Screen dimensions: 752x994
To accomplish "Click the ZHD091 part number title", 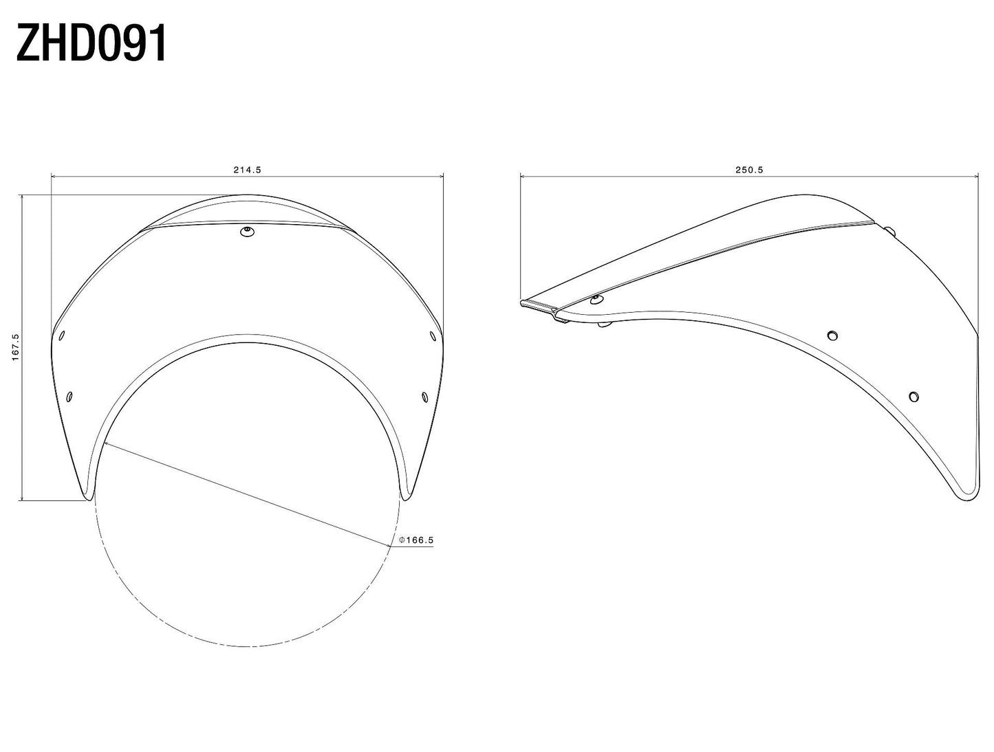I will [91, 45].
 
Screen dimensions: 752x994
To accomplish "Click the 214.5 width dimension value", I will [248, 170].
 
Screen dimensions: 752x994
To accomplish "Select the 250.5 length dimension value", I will [750, 170].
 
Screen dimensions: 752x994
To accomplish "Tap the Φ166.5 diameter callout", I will [416, 540].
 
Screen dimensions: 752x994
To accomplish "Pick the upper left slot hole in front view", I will [62, 335].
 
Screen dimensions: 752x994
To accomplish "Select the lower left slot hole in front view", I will [69, 397].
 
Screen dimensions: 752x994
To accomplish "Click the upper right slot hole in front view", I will [432, 335].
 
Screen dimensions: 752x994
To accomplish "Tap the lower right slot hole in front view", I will [424, 397].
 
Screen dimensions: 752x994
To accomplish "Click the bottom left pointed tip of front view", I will [87, 496].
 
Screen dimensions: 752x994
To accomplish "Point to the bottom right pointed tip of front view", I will [405, 496].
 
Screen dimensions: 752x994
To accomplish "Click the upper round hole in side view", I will [832, 335].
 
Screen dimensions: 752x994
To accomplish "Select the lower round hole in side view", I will [914, 397].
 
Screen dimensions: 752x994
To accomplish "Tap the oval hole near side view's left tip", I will [596, 299].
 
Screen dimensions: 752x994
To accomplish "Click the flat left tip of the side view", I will [524, 302].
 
